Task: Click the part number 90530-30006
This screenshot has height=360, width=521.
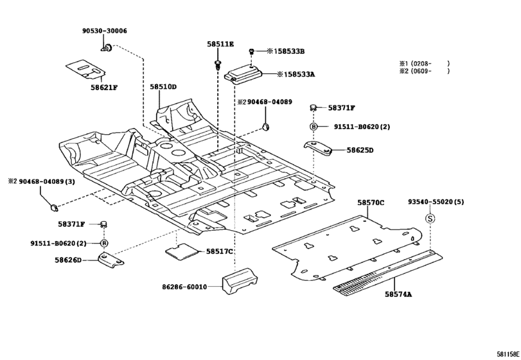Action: pos(104,31)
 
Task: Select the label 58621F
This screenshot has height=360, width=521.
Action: pos(103,87)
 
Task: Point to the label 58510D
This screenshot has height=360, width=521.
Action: pos(163,86)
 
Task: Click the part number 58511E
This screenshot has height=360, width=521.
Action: pos(220,44)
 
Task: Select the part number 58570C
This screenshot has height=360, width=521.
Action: pos(371,203)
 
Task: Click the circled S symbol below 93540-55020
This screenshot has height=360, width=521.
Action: pos(431,219)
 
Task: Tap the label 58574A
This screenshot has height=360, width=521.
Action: pos(398,294)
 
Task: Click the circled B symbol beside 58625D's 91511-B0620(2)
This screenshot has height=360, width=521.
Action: pos(314,127)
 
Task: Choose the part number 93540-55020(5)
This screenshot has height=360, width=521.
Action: pos(436,202)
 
